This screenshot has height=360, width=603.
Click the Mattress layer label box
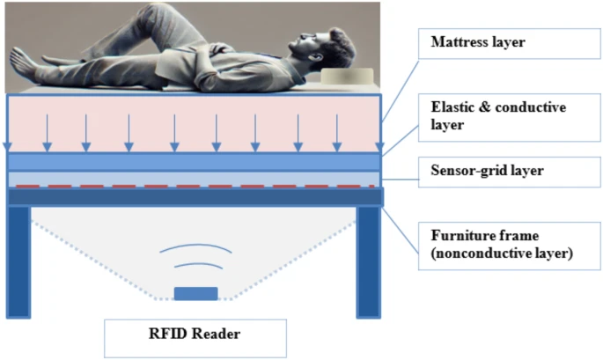(496, 42)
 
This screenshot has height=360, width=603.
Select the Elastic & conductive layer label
(496, 115)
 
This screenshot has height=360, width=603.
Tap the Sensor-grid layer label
(496, 170)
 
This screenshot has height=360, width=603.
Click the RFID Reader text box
(195, 334)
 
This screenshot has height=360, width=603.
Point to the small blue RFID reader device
(195, 293)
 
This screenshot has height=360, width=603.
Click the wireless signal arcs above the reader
(195, 255)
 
